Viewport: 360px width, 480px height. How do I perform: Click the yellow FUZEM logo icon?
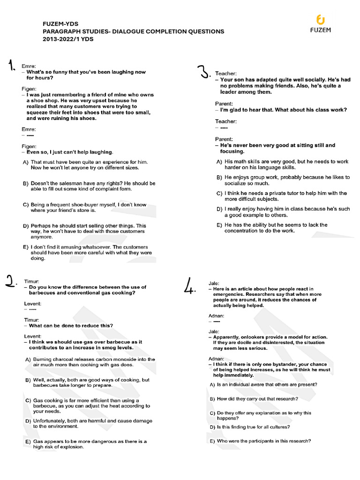pyautogui.click(x=321, y=19)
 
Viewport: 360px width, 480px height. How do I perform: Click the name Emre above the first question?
pyautogui.click(x=29, y=66)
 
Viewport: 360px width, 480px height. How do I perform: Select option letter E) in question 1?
pyautogui.click(x=26, y=247)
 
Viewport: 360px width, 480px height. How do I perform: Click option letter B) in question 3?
pyautogui.click(x=219, y=178)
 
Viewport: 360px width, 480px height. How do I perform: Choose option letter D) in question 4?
pyautogui.click(x=212, y=427)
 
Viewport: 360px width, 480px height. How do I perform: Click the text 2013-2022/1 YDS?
pyautogui.click(x=68, y=39)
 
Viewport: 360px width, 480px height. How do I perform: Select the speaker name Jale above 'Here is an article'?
pyautogui.click(x=213, y=283)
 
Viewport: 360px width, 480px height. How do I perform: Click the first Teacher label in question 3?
pyautogui.click(x=226, y=74)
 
